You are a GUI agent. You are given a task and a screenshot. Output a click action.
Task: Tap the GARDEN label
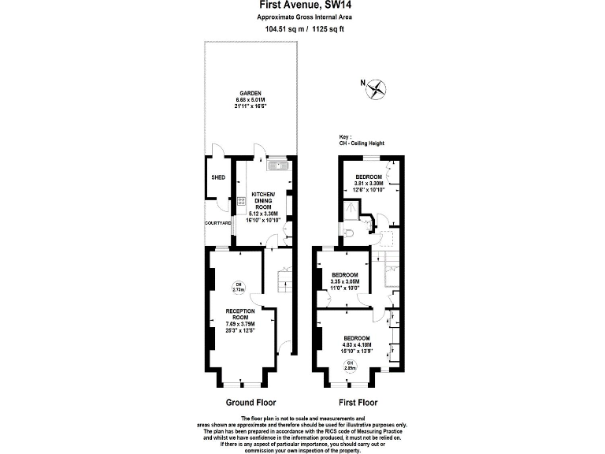[x=251, y=93]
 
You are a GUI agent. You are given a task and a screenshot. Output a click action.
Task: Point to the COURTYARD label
[x=218, y=223]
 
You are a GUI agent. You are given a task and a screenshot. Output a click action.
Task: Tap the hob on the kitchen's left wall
[x=240, y=201]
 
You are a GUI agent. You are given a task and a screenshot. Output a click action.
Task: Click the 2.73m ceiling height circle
[x=239, y=288]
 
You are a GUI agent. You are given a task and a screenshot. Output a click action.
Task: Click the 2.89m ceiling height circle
[x=351, y=366]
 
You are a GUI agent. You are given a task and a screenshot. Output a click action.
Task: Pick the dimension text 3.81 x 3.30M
[x=369, y=183]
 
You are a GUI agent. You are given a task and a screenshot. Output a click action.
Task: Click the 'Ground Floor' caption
[x=250, y=402]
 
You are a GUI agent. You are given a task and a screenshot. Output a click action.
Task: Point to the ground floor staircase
[x=284, y=279]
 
